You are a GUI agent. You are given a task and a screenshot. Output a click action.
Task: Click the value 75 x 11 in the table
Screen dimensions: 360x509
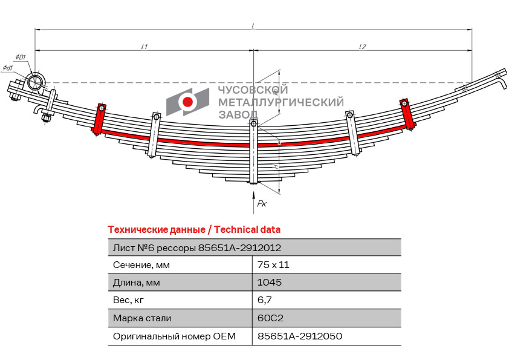coord(270,265)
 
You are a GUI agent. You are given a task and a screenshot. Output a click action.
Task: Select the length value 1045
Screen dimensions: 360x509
coord(269,283)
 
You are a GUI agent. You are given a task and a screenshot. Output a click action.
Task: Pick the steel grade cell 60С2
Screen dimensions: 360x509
coord(270,318)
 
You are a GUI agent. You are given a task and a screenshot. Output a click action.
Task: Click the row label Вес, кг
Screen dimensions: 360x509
coord(129,300)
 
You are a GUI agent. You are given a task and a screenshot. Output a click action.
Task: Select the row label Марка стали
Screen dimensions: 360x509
coord(142,318)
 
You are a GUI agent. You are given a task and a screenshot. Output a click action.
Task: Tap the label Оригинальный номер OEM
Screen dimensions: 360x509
coord(174,336)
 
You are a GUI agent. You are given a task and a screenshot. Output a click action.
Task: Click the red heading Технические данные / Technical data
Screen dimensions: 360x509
coord(193,230)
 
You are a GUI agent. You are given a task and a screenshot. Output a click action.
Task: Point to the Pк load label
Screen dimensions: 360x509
coord(262,205)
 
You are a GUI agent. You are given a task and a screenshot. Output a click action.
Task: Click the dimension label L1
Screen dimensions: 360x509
coord(144,47)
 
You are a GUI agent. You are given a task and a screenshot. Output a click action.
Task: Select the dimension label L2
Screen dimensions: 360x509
coord(362,47)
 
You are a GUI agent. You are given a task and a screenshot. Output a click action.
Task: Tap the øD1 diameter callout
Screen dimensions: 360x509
coord(20,57)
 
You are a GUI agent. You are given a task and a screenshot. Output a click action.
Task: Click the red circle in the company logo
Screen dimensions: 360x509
coord(188,102)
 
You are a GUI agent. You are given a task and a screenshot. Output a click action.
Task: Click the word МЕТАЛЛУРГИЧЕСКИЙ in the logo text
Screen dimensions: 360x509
coord(280,102)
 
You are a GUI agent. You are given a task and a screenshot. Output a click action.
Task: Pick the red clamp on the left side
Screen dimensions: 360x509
coord(99,119)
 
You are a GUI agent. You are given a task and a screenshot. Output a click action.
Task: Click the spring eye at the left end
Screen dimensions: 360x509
coord(35,82)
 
